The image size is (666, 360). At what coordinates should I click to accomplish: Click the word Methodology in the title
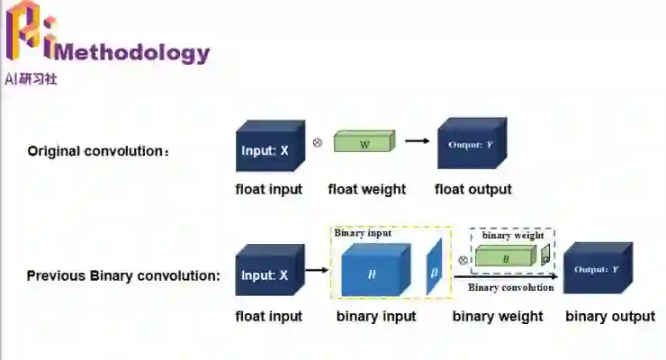[x=133, y=52]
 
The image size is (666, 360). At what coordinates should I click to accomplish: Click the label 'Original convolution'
[x=97, y=150]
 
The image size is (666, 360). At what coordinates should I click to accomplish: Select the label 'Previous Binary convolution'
[x=123, y=275]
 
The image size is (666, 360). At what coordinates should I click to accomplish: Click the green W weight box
[x=364, y=142]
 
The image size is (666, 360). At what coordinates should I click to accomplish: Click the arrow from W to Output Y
[x=416, y=140]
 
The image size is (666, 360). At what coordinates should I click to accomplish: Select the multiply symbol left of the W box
[x=317, y=142]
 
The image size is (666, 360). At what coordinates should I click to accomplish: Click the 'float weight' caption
[x=366, y=189]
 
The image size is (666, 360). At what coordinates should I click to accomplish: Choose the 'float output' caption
[x=472, y=189]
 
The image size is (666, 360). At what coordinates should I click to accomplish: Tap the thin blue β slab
[x=435, y=267]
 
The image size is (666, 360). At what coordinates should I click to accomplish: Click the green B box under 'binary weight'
[x=506, y=258]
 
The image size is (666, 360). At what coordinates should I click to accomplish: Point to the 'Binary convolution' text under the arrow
[x=510, y=287]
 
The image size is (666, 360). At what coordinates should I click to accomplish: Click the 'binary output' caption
[x=609, y=316]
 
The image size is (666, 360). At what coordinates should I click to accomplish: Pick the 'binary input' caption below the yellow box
[x=376, y=316]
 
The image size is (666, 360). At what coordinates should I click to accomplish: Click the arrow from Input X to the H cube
[x=317, y=269]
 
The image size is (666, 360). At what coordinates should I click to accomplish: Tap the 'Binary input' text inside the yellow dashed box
[x=363, y=233]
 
